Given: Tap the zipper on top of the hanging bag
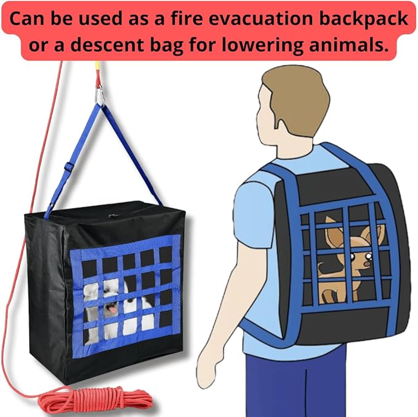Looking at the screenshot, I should tap(111, 217).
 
